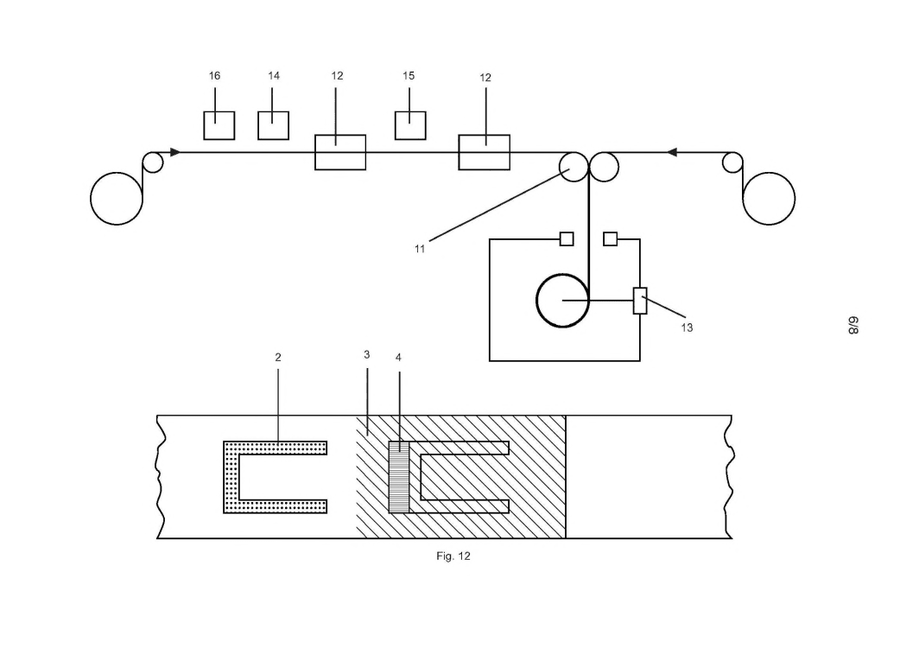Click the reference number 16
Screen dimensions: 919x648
[x=214, y=76]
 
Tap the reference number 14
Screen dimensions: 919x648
[x=274, y=76]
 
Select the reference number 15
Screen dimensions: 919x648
[x=409, y=76]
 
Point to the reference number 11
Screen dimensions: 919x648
[x=420, y=249]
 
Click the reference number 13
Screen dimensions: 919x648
[x=687, y=327]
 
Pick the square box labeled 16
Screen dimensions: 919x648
[x=219, y=125]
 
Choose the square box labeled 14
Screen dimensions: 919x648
[x=273, y=125]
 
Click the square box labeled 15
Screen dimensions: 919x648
[x=410, y=125]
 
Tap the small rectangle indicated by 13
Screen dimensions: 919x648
[x=640, y=301]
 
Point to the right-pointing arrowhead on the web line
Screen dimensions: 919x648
[x=175, y=152]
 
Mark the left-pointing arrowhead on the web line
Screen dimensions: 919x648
[x=672, y=152]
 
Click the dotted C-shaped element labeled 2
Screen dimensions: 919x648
[x=231, y=477]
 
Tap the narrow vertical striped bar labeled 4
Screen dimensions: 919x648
[x=398, y=477]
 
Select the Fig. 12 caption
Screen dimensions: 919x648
[x=453, y=556]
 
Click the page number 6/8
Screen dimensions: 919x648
[x=852, y=326]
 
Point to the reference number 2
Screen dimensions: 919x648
[x=278, y=357]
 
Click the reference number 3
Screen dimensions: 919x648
[x=367, y=355]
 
